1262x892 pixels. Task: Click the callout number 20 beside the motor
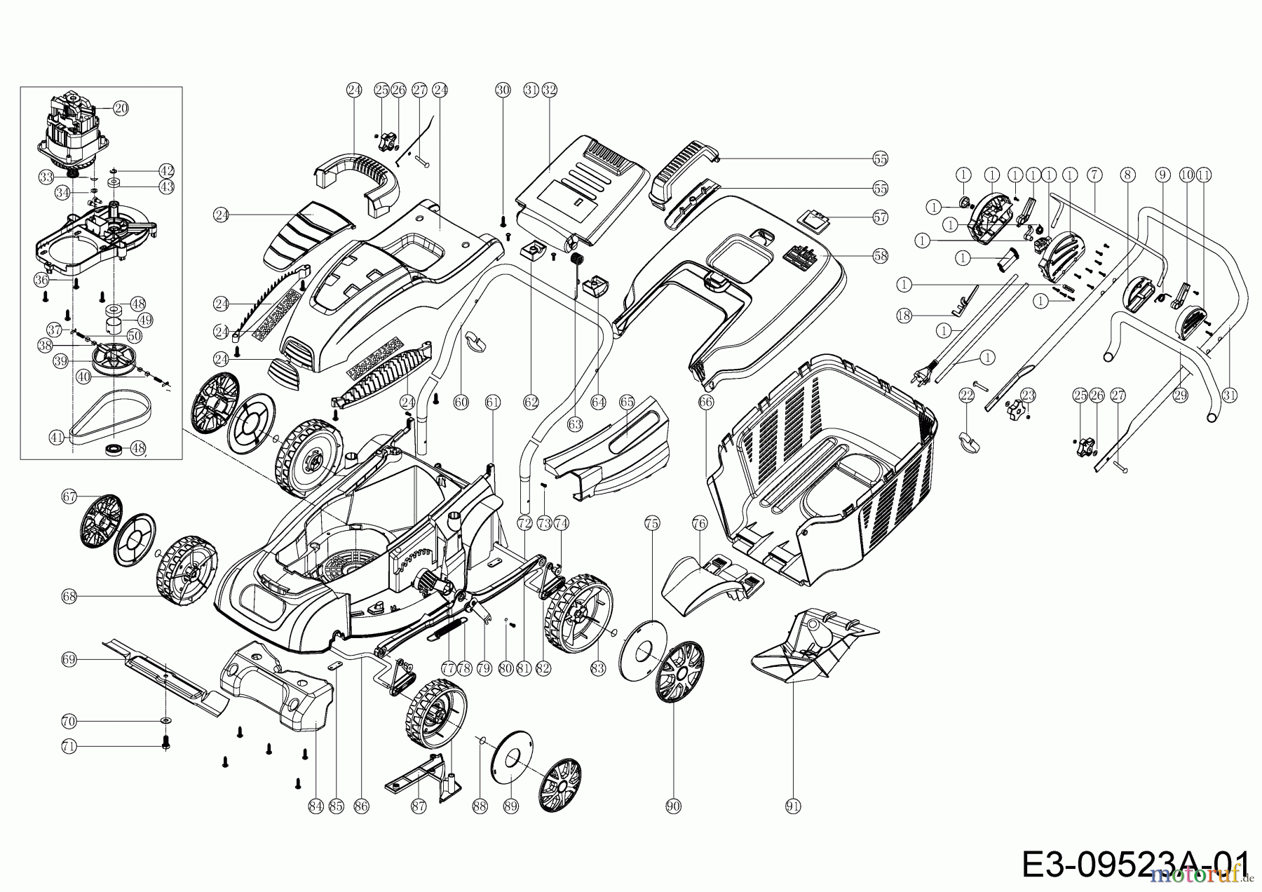(x=121, y=108)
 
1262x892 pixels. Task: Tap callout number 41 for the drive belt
(x=57, y=437)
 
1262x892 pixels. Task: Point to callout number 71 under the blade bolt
(x=69, y=747)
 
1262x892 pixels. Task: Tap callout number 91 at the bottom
(x=793, y=806)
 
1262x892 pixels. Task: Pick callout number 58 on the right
(x=880, y=257)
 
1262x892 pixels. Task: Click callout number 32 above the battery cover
(x=549, y=90)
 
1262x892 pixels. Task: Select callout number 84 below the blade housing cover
(x=315, y=806)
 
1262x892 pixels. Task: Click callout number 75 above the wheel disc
(x=652, y=523)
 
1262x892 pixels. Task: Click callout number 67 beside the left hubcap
(x=69, y=496)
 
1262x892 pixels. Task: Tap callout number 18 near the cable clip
(x=904, y=316)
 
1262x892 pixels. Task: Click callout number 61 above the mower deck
(x=493, y=402)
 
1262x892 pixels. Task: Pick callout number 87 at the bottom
(x=419, y=806)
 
